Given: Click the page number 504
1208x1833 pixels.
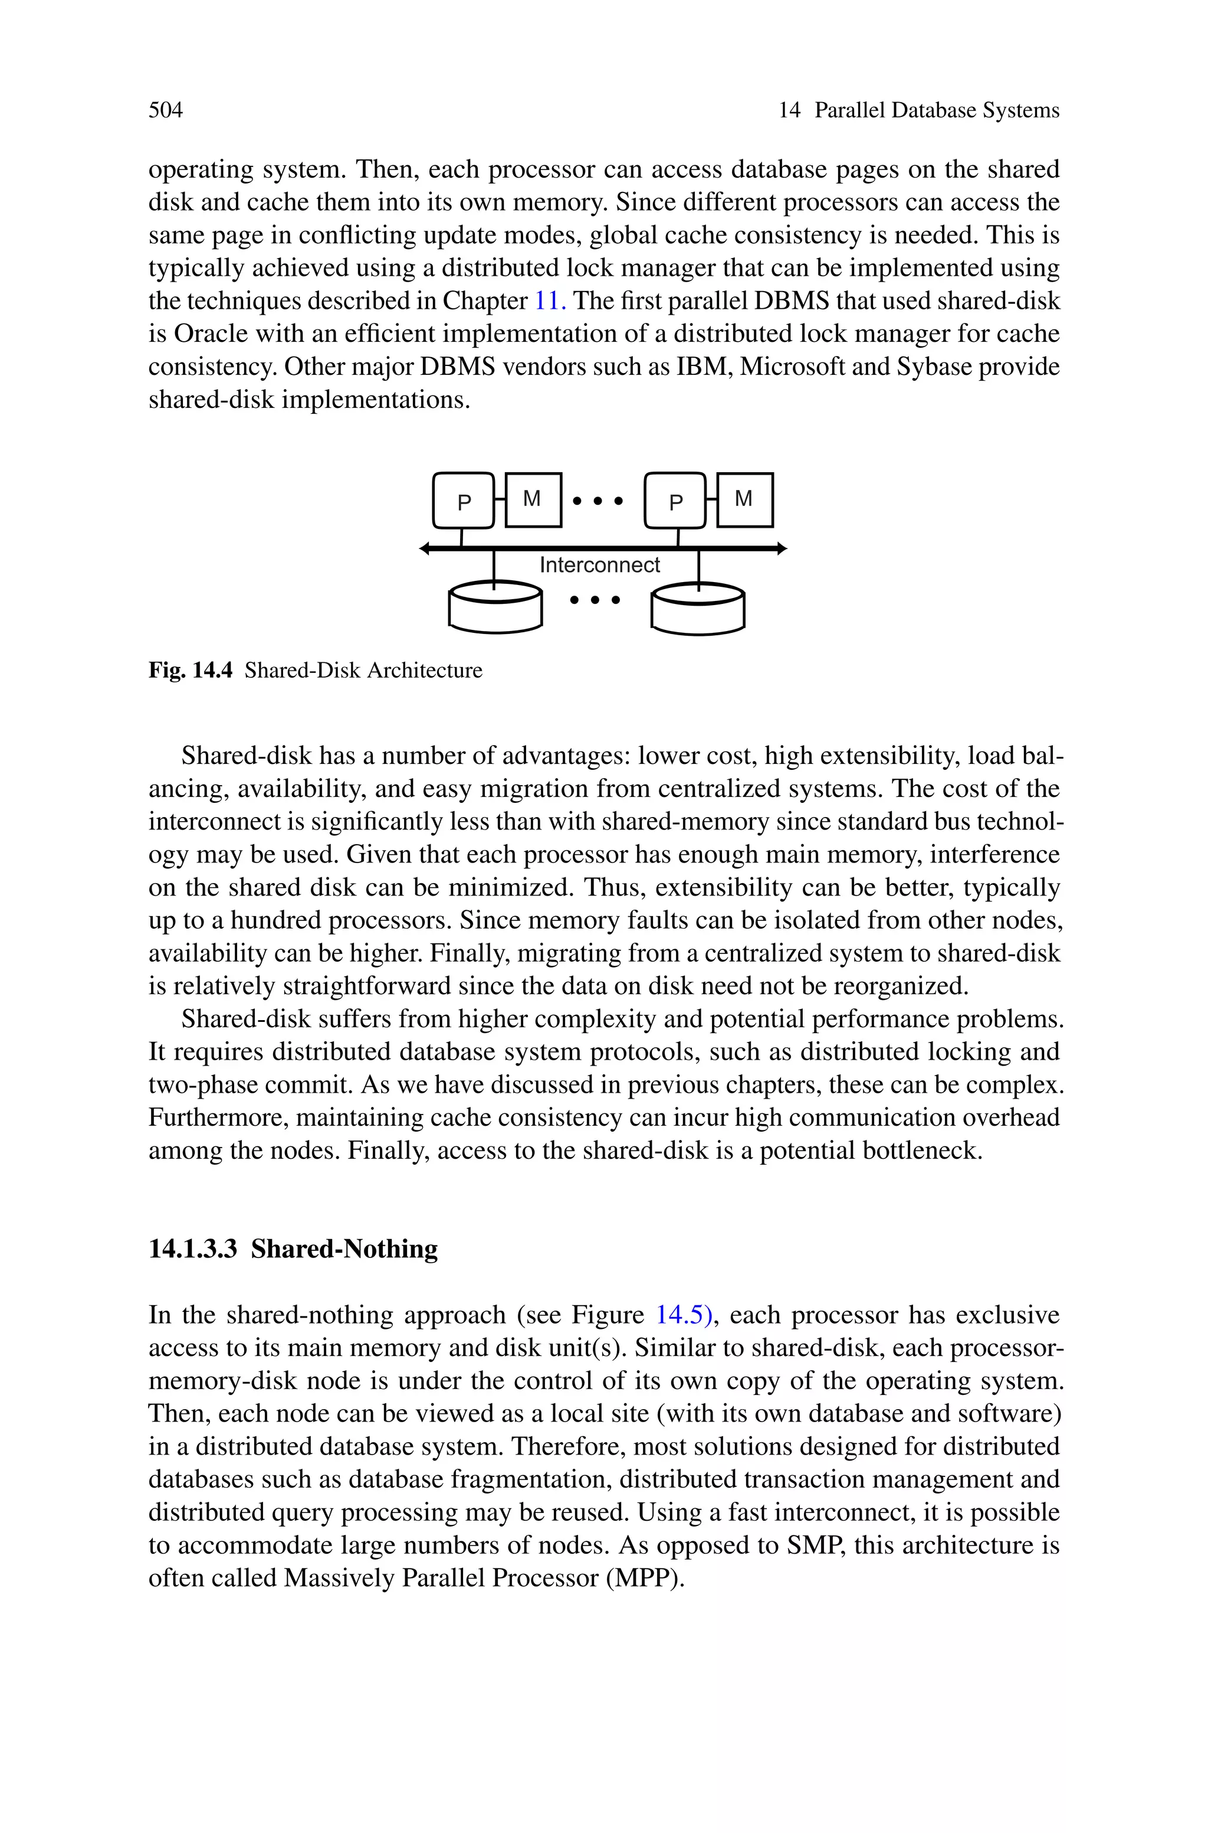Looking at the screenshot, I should coord(166,110).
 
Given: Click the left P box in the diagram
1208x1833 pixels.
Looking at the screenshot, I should coord(463,501).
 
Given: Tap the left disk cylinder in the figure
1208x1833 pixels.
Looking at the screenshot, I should coord(495,608).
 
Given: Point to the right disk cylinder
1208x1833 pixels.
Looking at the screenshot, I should coord(698,610).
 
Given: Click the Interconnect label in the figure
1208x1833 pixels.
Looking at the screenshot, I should coord(599,565).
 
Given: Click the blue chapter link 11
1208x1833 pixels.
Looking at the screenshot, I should coord(550,300).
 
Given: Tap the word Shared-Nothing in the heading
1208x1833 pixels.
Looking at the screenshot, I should coord(344,1249).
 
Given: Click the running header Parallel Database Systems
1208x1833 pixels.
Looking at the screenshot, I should coord(937,110).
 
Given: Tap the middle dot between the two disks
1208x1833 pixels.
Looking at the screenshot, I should coord(595,600).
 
